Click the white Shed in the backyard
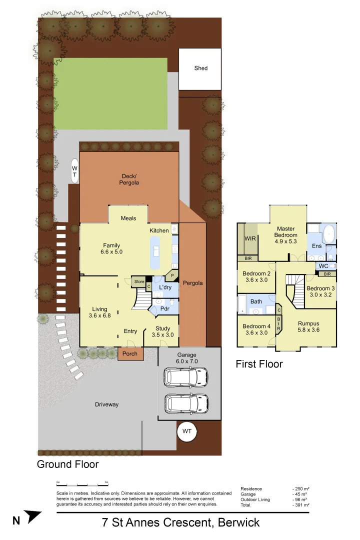[x=200, y=69]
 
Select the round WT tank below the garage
[x=187, y=431]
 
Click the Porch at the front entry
[x=130, y=354]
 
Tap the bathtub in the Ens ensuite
[x=329, y=234]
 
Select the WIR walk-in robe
[x=250, y=239]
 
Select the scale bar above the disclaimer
[x=82, y=484]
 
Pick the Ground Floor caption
[x=67, y=464]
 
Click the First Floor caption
[x=259, y=364]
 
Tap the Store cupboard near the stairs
[x=138, y=282]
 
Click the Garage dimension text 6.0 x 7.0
[x=187, y=360]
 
